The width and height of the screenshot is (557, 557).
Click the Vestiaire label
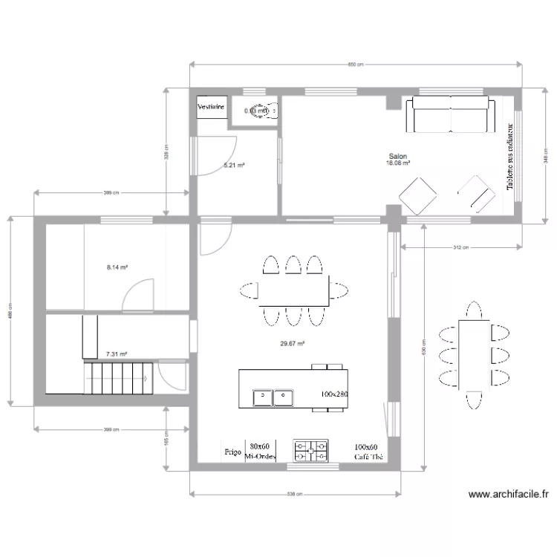pyautogui.click(x=210, y=107)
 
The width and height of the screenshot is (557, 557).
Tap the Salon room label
pyautogui.click(x=397, y=157)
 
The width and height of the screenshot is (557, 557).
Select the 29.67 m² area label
pyautogui.click(x=292, y=343)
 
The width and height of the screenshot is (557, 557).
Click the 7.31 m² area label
pyautogui.click(x=117, y=355)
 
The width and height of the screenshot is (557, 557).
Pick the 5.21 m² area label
pyautogui.click(x=235, y=166)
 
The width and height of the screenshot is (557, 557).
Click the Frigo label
pyautogui.click(x=232, y=452)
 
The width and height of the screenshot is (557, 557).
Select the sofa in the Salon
pyautogui.click(x=449, y=114)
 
